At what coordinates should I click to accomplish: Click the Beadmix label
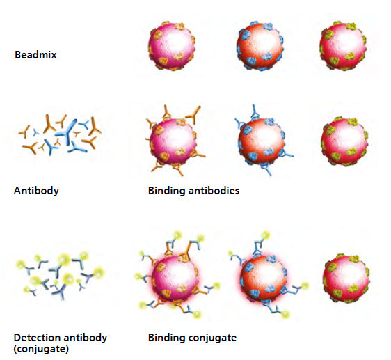[x=35, y=55]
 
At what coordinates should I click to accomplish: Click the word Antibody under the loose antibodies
[x=36, y=191]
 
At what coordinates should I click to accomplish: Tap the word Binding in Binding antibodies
[x=167, y=191]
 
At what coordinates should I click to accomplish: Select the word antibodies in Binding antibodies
[x=214, y=191]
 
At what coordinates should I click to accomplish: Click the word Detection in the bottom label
[x=37, y=338]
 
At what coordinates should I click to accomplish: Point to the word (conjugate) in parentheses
[x=41, y=349]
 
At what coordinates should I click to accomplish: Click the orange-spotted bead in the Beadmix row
[x=172, y=46]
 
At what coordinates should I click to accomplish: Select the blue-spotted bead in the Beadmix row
[x=260, y=46]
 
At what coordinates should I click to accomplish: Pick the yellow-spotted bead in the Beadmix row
[x=343, y=46]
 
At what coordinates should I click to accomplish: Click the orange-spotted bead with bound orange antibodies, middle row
[x=173, y=141]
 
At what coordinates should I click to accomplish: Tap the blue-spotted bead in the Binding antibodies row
[x=262, y=142]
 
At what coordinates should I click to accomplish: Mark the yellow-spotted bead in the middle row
[x=344, y=141]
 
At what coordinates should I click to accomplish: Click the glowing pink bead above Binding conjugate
[x=175, y=278]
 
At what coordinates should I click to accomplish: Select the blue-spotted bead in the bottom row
[x=263, y=279]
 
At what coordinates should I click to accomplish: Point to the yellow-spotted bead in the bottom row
[x=346, y=279]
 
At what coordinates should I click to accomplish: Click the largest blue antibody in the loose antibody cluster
[x=66, y=132]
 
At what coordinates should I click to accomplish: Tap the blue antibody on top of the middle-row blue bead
[x=255, y=111]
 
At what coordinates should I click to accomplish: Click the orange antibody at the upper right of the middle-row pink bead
[x=193, y=114]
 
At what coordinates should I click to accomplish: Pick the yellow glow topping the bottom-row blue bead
[x=265, y=235]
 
